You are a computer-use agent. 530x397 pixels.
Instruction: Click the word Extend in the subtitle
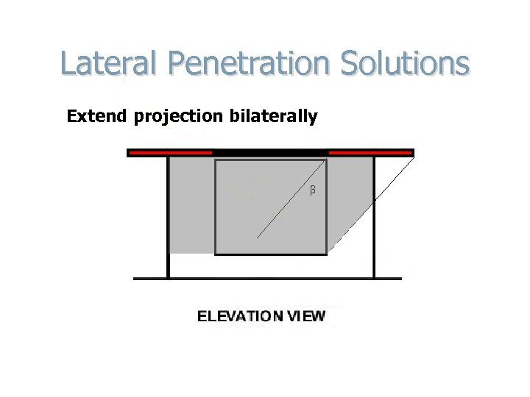[97, 116]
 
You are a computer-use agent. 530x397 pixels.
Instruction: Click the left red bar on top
[170, 153]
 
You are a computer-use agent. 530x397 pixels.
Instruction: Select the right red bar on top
[370, 153]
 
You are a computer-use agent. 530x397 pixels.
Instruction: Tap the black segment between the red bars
[270, 152]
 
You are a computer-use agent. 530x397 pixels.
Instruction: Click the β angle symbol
[312, 191]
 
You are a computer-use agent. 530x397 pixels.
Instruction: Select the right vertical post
[375, 221]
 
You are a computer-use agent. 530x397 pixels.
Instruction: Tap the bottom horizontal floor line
[267, 279]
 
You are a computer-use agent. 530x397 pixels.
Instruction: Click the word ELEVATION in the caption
[240, 317]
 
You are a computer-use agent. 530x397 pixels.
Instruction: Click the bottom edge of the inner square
[271, 254]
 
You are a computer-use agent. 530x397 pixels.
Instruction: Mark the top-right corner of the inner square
[326, 161]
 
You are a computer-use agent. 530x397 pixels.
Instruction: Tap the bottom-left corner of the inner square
[216, 254]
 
